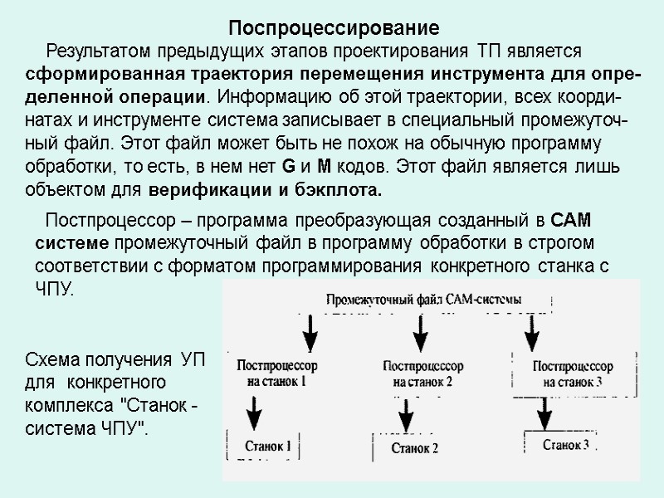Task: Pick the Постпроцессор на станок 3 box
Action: (573, 373)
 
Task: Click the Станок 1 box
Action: (267, 446)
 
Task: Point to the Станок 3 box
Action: (566, 445)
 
